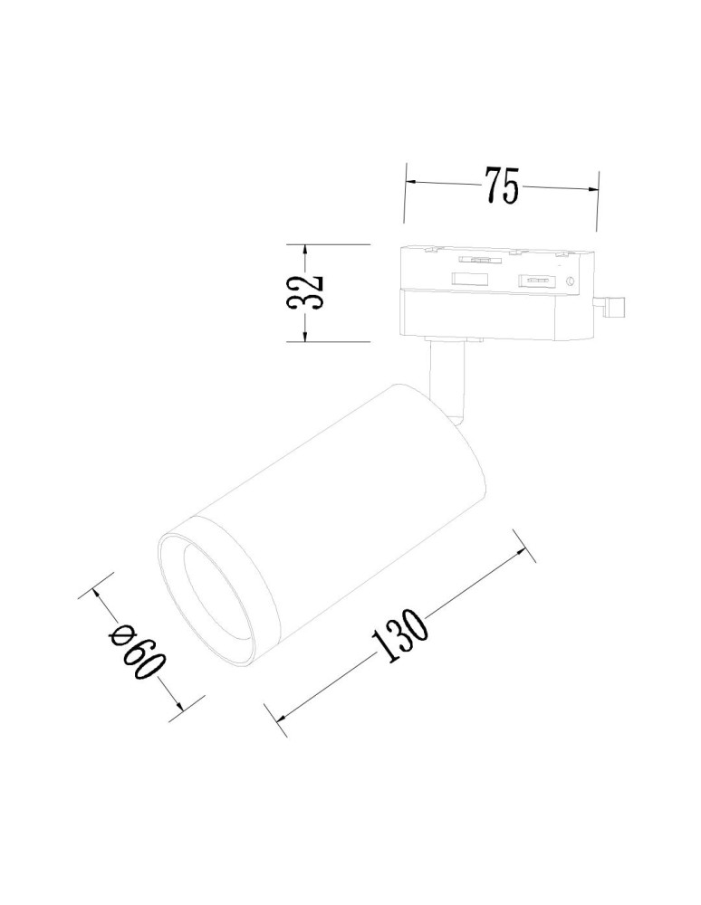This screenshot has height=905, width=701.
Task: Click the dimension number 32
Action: [x=304, y=292]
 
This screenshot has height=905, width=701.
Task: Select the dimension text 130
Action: [x=399, y=639]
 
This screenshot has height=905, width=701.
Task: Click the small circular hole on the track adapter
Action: [x=571, y=281]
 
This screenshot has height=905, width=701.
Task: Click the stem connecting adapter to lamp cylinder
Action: [x=449, y=380]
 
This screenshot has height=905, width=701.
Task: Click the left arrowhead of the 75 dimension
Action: [x=410, y=182]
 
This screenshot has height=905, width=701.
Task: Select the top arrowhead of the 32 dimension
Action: [x=304, y=250]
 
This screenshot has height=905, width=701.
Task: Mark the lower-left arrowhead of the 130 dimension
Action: [x=284, y=715]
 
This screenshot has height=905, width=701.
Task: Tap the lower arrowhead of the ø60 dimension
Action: [x=177, y=706]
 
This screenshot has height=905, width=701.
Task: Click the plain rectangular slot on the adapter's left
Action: [x=472, y=279]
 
